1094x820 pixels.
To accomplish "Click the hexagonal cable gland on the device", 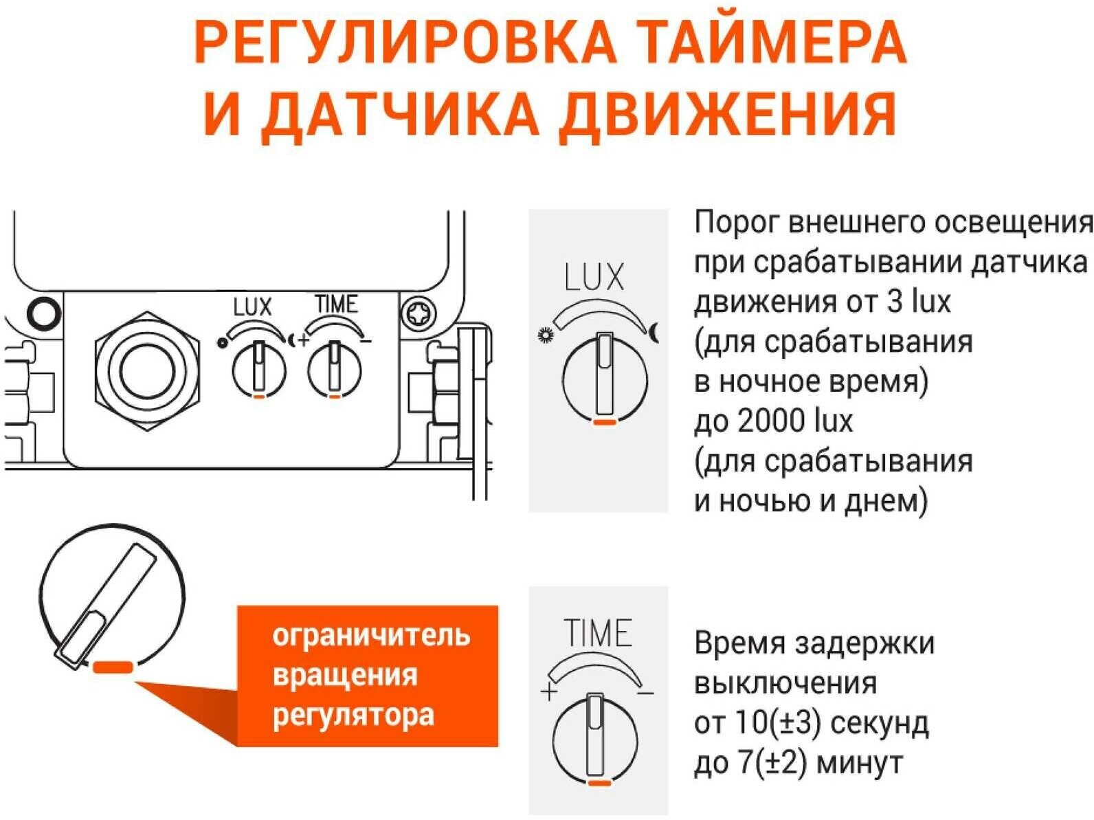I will (x=148, y=371).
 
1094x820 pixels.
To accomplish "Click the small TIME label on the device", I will (x=336, y=304).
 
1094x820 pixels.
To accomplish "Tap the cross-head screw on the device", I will (x=418, y=315).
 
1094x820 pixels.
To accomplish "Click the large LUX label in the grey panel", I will (x=595, y=278).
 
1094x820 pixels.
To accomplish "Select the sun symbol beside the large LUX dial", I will (x=546, y=336).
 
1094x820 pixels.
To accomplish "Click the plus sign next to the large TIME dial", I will (x=548, y=691).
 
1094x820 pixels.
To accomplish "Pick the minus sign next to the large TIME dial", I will (x=645, y=693).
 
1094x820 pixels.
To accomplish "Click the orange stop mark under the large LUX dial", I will (x=605, y=421).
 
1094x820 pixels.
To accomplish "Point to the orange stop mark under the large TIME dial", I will (x=599, y=783).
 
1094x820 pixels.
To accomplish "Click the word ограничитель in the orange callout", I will (x=371, y=636).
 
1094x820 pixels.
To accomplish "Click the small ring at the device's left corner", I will (x=43, y=313).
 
